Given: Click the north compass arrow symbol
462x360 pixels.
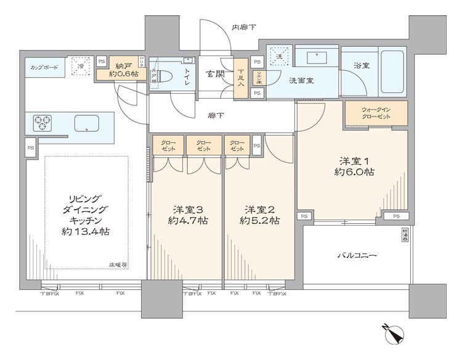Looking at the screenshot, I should (x=394, y=335).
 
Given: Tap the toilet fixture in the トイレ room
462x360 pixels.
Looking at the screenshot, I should (x=165, y=75).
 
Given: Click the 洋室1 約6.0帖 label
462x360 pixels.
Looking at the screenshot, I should (x=351, y=166).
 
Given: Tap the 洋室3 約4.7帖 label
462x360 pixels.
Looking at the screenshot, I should (x=188, y=214).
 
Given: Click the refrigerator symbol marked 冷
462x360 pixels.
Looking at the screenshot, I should (x=79, y=65).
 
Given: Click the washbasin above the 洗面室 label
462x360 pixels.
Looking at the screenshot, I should (x=317, y=59).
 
